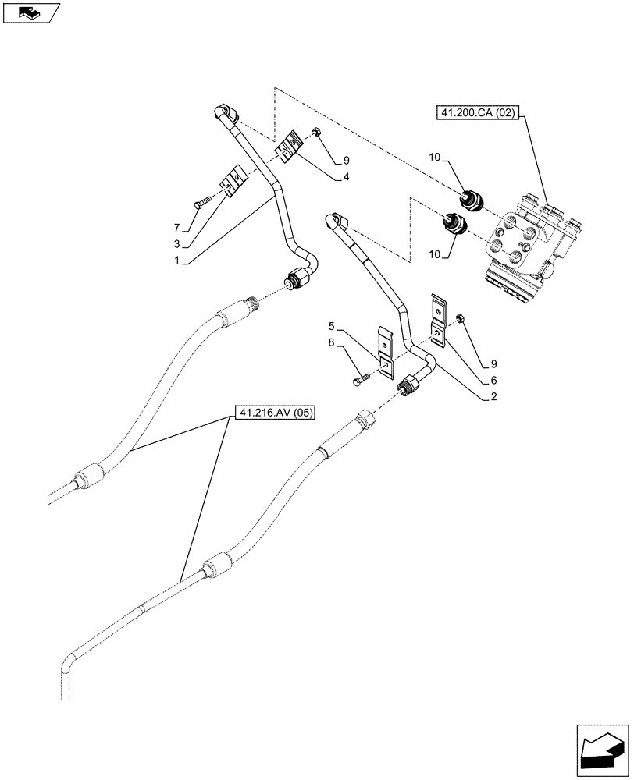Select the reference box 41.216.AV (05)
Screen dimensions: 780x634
tap(273, 413)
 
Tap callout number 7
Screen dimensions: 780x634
tap(178, 227)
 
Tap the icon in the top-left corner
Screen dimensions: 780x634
tap(30, 13)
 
